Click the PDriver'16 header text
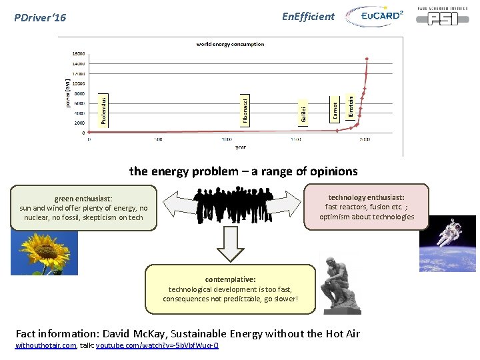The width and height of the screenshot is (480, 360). pos(41,17)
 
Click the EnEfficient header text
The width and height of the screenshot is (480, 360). pos(308,17)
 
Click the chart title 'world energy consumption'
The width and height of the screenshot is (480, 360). pos(230,44)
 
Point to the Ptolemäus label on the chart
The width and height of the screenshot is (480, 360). pos(103,110)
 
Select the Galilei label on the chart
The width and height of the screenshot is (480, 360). pos(304,112)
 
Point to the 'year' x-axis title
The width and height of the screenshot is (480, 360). pos(240,147)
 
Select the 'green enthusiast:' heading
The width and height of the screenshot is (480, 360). pos(83,198)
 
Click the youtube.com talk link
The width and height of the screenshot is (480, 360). pos(157,345)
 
